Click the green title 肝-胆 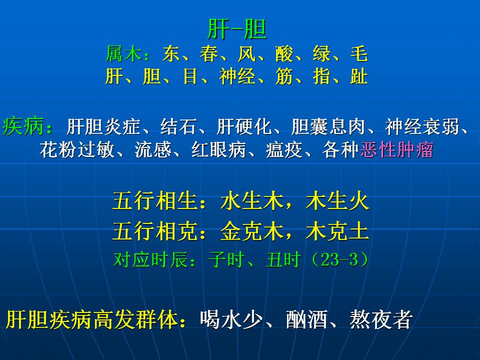(x=236, y=29)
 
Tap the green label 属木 (x=123, y=53)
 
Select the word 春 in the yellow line (x=209, y=53)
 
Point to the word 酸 (x=284, y=53)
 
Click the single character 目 (x=190, y=76)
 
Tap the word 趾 (x=359, y=76)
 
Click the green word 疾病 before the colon (x=22, y=126)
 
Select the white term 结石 (x=179, y=126)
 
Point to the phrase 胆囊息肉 (x=328, y=126)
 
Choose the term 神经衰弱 (x=422, y=126)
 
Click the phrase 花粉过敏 (x=77, y=149)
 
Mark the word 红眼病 (x=218, y=149)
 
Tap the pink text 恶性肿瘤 (x=396, y=149)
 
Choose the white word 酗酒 (x=306, y=319)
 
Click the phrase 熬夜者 (x=380, y=319)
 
